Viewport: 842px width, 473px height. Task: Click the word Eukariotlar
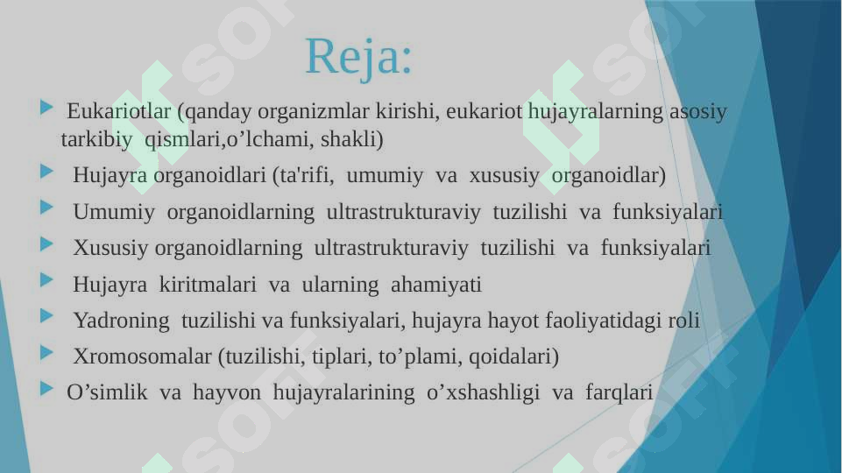pos(118,111)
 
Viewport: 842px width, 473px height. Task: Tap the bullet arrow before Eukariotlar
pos(46,108)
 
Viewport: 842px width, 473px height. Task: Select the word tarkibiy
pos(96,139)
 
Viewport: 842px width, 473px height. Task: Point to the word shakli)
pos(351,139)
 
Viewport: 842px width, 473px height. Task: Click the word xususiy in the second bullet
pos(504,175)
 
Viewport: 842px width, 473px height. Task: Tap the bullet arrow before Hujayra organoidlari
pos(46,172)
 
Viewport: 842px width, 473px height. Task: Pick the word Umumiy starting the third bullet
pos(114,212)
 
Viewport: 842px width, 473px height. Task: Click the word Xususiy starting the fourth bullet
pos(110,248)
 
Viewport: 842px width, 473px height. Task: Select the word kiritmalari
pos(208,285)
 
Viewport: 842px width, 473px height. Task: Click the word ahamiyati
pos(436,285)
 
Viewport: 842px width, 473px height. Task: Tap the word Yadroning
pos(122,321)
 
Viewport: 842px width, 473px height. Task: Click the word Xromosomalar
pos(142,357)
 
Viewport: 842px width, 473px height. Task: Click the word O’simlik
pos(107,392)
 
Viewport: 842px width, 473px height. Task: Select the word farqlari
pos(619,392)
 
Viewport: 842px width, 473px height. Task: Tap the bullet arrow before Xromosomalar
pos(46,353)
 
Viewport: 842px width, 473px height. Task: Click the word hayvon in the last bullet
pos(227,392)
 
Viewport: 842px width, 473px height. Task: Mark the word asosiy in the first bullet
pos(698,111)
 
